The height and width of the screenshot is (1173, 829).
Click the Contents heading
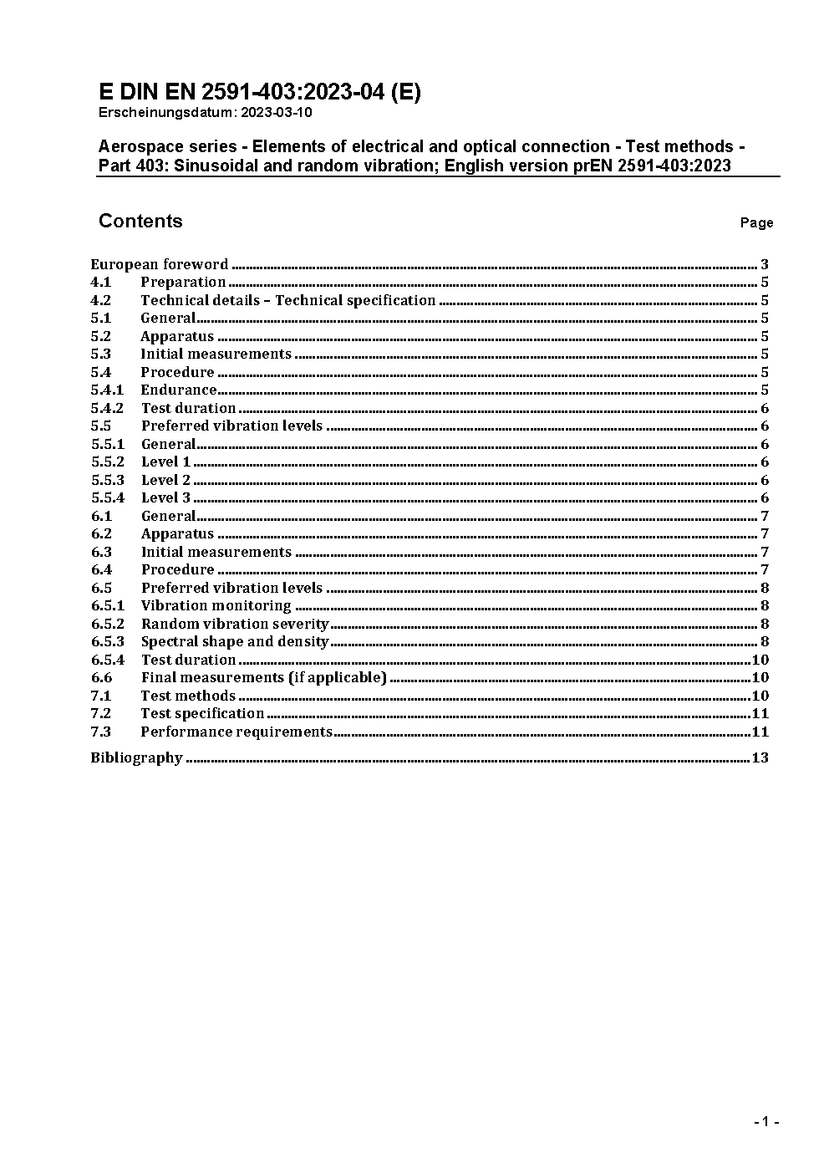[140, 221]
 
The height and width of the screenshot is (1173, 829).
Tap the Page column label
[756, 222]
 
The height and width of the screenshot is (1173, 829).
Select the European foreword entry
[159, 264]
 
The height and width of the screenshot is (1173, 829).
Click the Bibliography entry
[136, 757]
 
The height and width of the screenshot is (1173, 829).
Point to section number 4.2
[101, 300]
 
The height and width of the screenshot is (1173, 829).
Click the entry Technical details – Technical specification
[287, 300]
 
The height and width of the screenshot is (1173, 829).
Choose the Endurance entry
[178, 390]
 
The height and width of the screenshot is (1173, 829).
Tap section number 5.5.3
[108, 480]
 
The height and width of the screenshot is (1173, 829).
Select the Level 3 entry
[165, 497]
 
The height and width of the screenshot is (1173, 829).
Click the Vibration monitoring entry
[216, 605]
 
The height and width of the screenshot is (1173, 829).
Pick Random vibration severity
[235, 624]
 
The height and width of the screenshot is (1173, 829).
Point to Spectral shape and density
[235, 641]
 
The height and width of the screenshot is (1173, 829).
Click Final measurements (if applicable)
[263, 677]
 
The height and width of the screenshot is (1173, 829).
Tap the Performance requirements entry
[236, 732]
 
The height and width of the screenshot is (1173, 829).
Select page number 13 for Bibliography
[760, 757]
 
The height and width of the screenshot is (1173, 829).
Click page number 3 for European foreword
[765, 264]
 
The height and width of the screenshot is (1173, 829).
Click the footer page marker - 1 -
[766, 1121]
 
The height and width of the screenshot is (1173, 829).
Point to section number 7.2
[101, 713]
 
